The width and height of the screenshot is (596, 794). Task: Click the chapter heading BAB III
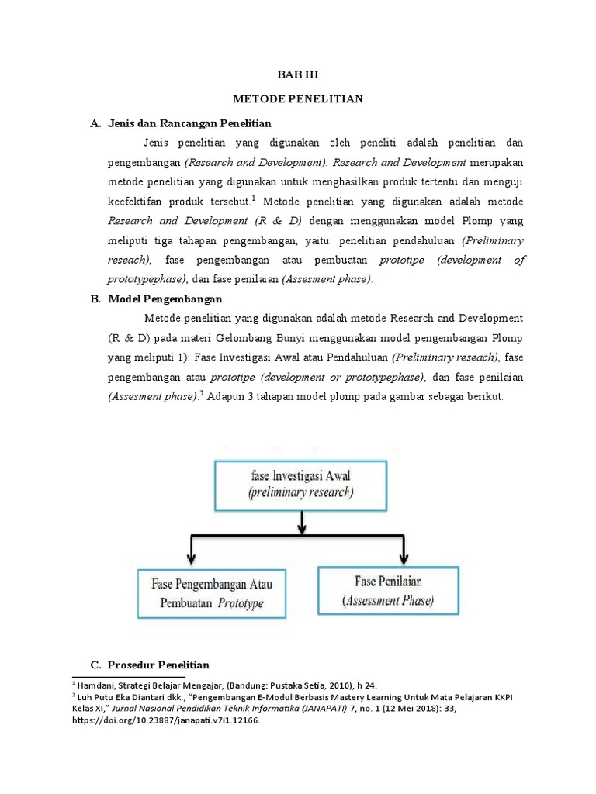(x=298, y=75)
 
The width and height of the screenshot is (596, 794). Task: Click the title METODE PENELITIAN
(x=298, y=99)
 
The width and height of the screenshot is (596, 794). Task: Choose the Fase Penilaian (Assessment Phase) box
(x=388, y=590)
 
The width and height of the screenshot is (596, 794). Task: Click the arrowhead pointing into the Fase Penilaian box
(x=404, y=558)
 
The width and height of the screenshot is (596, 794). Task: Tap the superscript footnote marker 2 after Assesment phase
(x=201, y=393)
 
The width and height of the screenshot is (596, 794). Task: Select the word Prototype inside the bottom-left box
(x=241, y=602)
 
